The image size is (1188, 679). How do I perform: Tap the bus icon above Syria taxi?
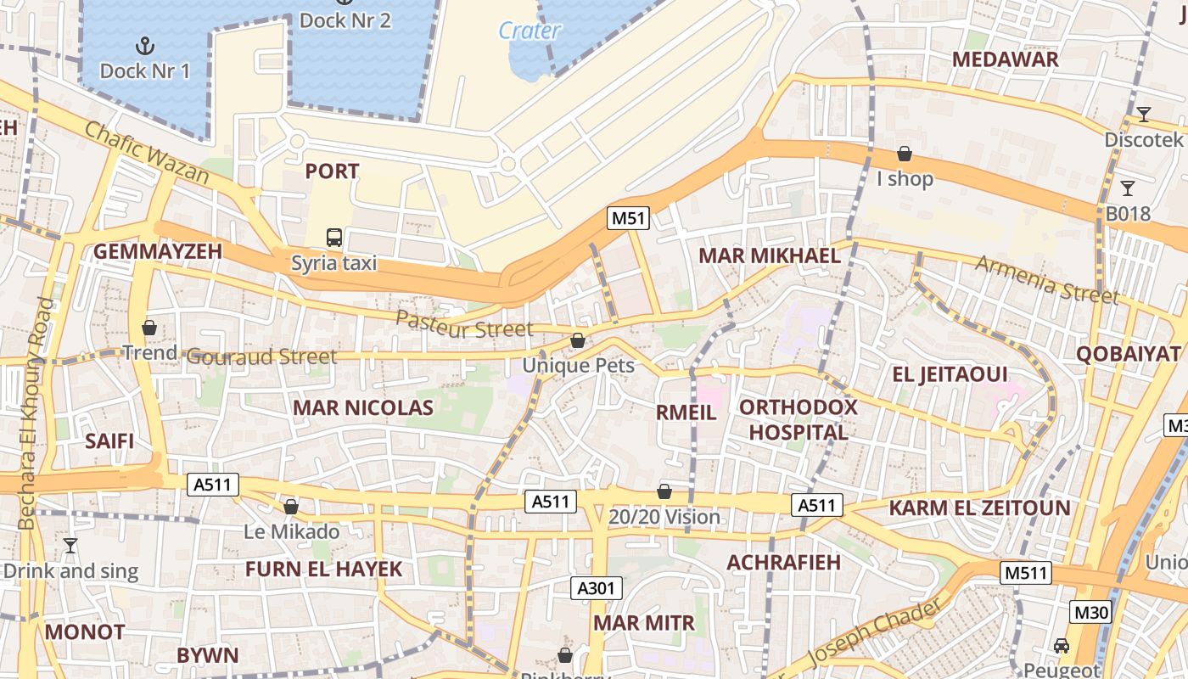point(334,237)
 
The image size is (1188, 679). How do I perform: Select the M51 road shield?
point(629,218)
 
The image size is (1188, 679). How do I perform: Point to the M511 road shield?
point(1026,572)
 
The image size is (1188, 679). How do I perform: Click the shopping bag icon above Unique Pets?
point(578,340)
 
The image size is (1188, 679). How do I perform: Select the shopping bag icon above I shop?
point(905,154)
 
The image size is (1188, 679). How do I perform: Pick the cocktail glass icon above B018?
point(1128,188)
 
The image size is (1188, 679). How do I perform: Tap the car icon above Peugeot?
point(1062,646)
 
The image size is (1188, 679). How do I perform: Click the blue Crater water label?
point(530,31)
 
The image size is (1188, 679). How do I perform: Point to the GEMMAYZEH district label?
point(157,251)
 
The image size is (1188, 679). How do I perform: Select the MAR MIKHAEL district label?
point(769,255)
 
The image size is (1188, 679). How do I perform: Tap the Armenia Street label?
point(1046,278)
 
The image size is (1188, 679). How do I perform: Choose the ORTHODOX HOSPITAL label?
point(798,419)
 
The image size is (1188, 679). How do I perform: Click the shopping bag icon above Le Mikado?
point(291,507)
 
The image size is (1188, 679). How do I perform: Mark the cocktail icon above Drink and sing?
point(70,545)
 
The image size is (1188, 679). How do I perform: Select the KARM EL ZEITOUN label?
point(979,508)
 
